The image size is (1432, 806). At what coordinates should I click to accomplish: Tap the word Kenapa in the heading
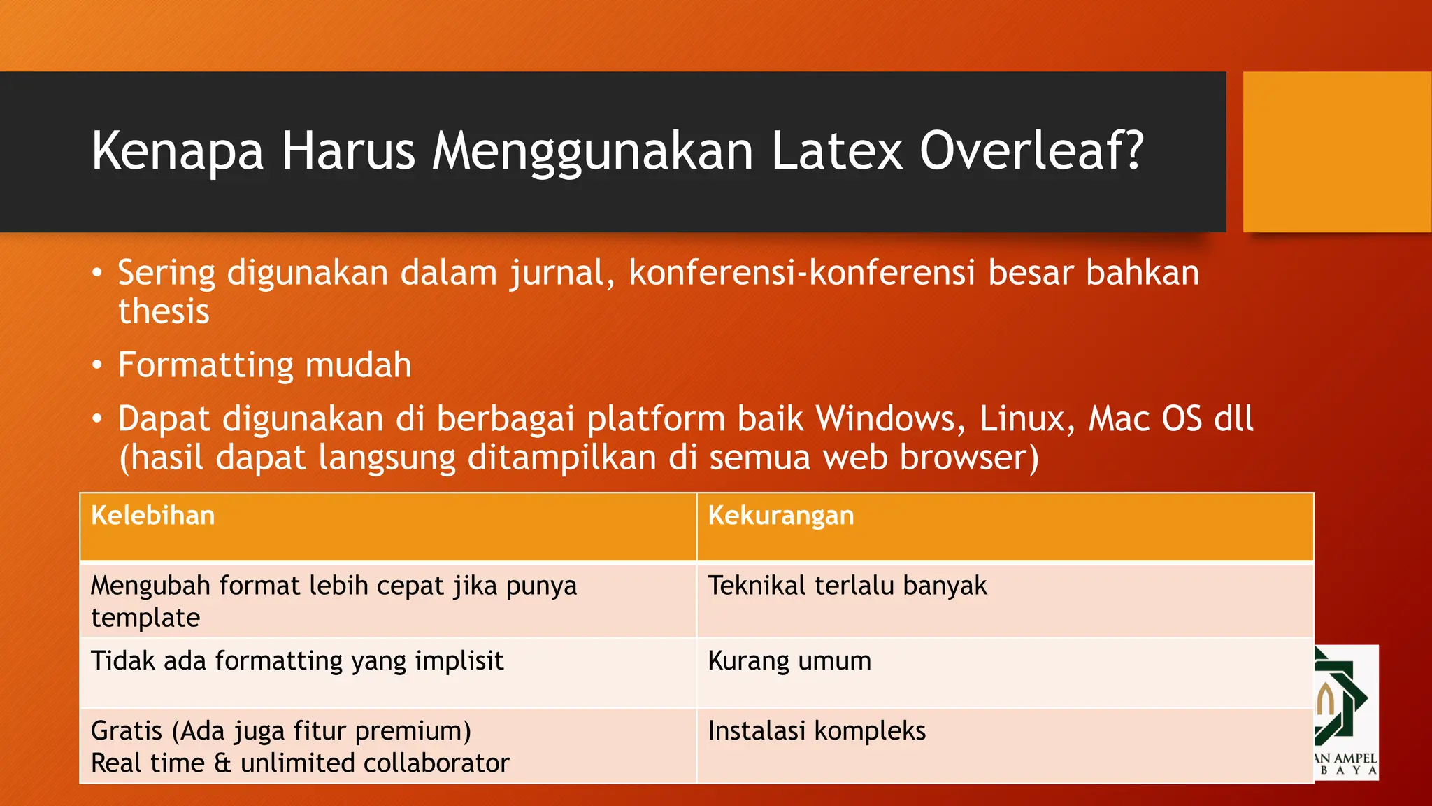[x=178, y=151]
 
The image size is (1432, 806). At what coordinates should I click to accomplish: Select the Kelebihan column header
[x=153, y=516]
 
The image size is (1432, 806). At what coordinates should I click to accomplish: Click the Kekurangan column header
[x=780, y=516]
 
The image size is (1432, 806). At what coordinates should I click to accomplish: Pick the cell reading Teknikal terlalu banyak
[x=847, y=586]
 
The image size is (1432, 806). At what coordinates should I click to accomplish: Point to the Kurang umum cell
[x=789, y=661]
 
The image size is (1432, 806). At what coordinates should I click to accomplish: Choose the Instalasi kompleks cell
[x=816, y=731]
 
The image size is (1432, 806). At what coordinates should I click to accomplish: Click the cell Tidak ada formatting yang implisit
[x=297, y=661]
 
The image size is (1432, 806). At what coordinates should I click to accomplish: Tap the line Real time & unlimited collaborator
[x=300, y=763]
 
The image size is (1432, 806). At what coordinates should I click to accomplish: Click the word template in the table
[x=145, y=618]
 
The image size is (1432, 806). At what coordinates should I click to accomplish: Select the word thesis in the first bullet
[x=164, y=311]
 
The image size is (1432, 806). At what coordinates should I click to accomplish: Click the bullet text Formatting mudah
[x=264, y=365]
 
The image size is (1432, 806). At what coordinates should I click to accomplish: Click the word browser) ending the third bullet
[x=969, y=458]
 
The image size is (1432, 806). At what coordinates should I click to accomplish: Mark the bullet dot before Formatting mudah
[x=97, y=365]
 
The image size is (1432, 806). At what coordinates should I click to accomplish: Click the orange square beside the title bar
[x=1336, y=151]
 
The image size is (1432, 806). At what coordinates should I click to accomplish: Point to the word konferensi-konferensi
[x=801, y=273]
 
